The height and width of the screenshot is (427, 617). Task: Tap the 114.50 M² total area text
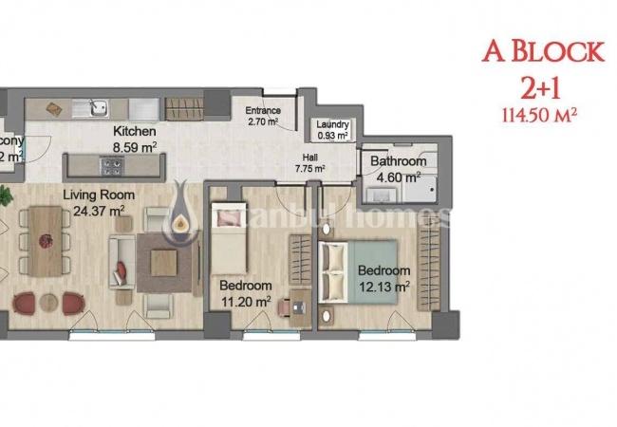point(539,115)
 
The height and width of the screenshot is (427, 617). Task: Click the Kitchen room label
point(135,132)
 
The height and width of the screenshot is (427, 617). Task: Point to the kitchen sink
point(98,106)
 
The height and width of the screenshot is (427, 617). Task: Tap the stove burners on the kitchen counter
point(111,168)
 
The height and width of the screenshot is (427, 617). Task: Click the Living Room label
point(99,195)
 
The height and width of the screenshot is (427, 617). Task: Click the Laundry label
point(333,125)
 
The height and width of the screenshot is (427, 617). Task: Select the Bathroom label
point(399,161)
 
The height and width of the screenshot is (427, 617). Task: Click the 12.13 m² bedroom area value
point(383,286)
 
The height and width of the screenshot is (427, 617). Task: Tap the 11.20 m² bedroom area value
point(245,301)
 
